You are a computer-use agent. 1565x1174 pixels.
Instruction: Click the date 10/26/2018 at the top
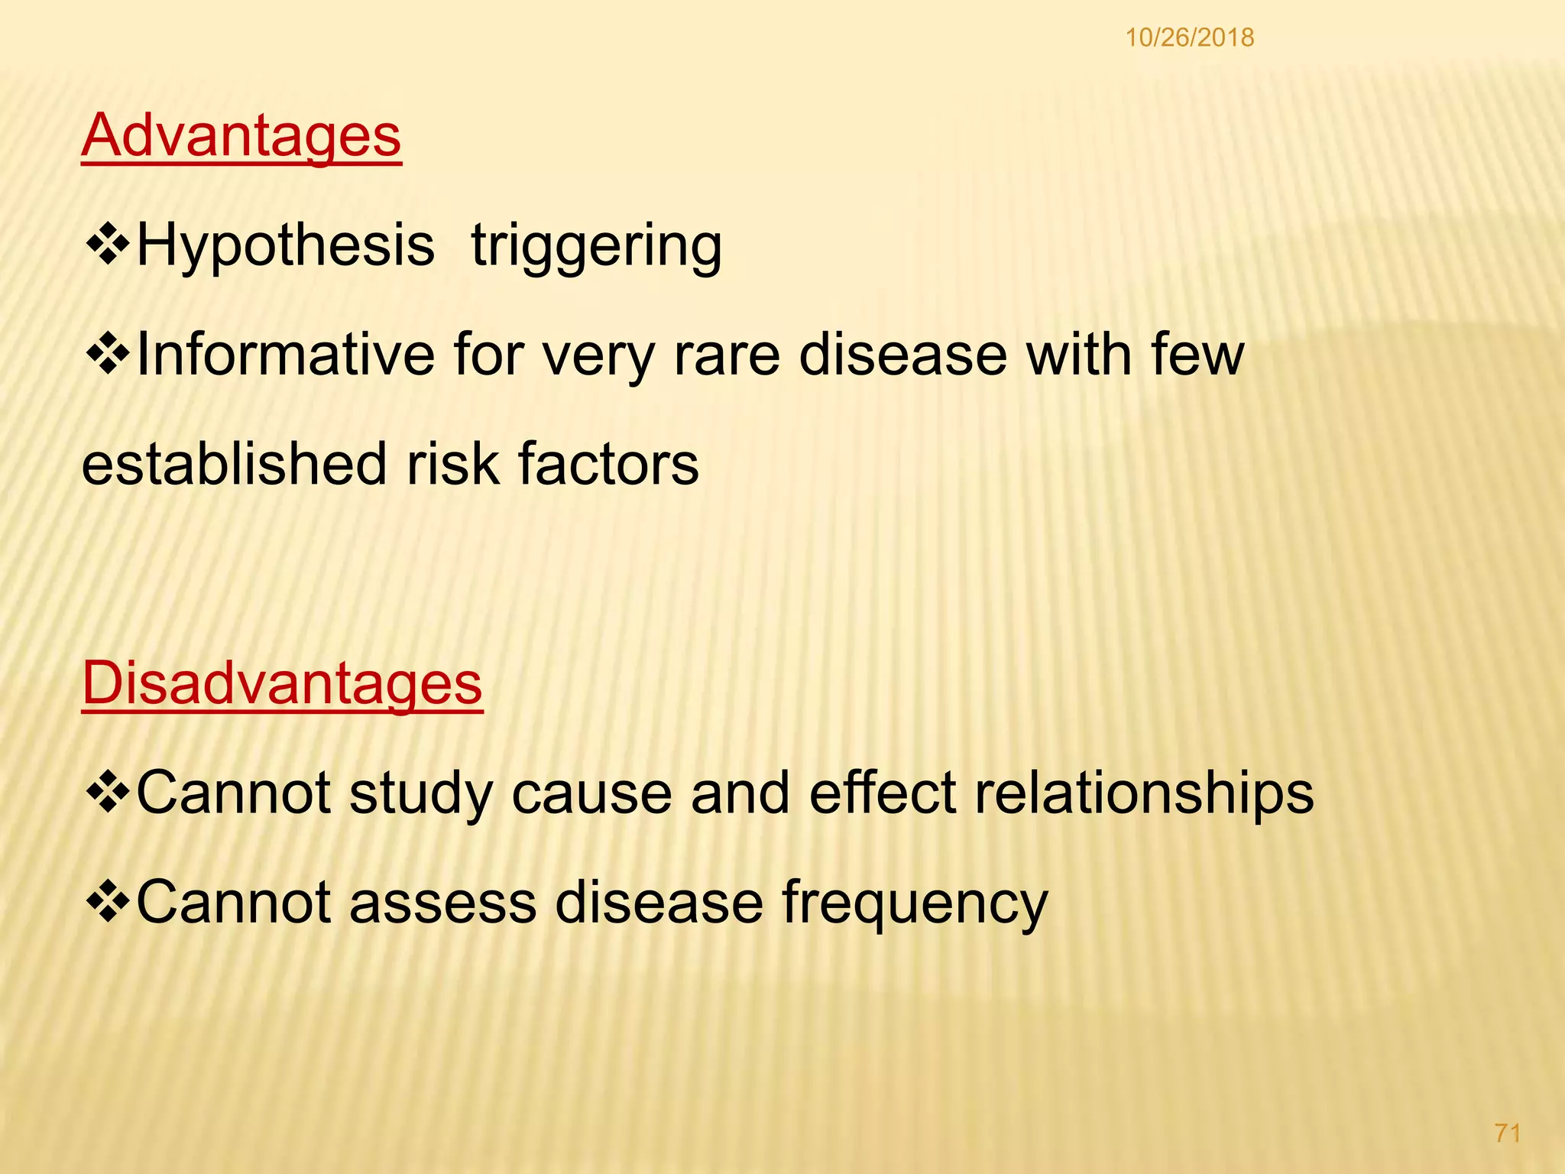coord(1190,37)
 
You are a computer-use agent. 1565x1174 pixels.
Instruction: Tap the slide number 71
coord(1508,1133)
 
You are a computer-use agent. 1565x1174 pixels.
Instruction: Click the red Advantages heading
coord(241,135)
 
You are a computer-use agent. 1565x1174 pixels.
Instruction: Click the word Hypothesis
coord(285,246)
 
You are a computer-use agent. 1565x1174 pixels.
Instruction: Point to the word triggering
coord(596,246)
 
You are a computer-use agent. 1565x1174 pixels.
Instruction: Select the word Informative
coord(285,355)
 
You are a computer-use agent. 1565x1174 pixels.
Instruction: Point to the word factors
coord(608,465)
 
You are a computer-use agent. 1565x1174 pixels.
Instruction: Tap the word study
coord(422,793)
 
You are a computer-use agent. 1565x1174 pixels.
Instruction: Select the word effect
coord(883,793)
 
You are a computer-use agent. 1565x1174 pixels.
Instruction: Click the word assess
coord(443,902)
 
